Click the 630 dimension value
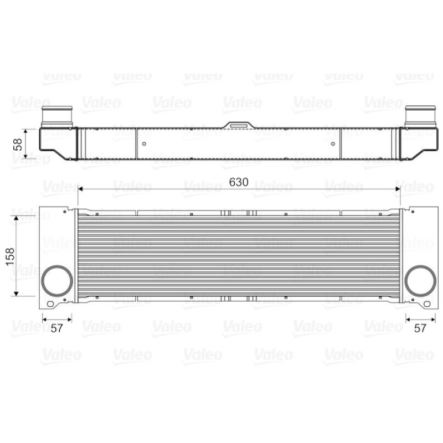239,182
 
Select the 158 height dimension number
10,256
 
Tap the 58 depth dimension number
18,145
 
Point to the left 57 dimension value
57,328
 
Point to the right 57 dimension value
420,328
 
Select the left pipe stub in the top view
57,117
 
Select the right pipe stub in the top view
420,117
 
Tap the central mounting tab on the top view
239,125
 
